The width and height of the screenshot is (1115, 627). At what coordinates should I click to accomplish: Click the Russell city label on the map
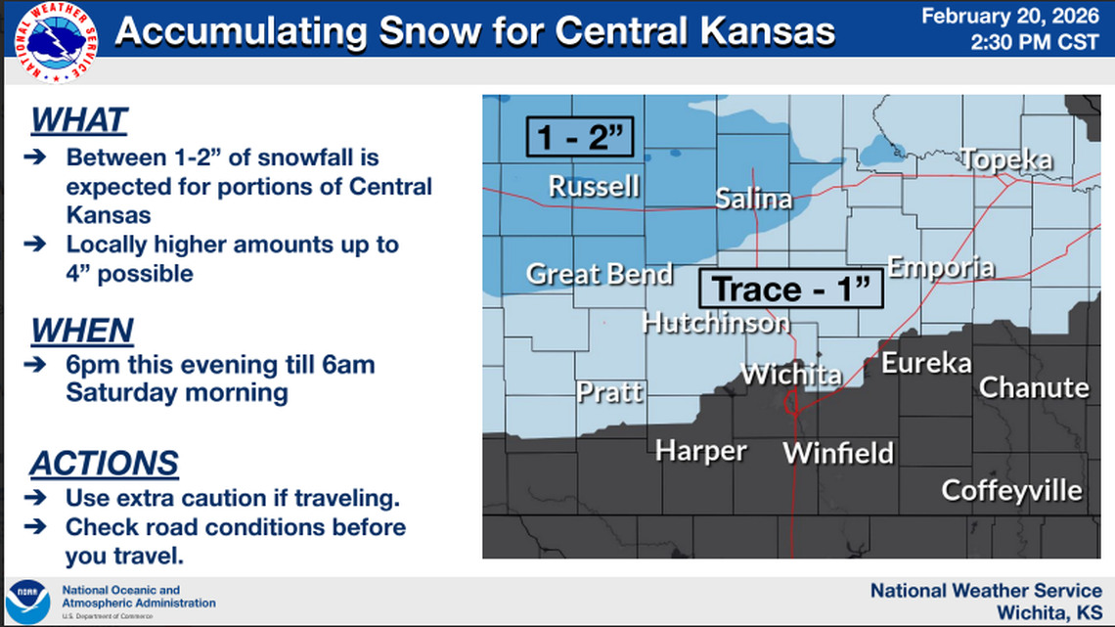(594, 186)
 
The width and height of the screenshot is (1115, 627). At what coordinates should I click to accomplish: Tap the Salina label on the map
(753, 199)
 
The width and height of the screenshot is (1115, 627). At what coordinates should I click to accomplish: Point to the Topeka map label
(1005, 160)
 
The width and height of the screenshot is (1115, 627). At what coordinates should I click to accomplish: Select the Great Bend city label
(600, 274)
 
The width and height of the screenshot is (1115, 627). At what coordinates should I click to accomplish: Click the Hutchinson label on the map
(715, 322)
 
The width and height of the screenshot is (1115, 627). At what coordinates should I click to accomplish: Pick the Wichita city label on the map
(790, 374)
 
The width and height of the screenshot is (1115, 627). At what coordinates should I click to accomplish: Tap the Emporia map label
(941, 267)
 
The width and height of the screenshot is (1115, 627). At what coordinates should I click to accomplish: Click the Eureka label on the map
(926, 363)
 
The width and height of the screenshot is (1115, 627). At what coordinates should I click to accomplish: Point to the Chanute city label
(1034, 387)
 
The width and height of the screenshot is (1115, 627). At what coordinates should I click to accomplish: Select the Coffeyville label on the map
(1011, 489)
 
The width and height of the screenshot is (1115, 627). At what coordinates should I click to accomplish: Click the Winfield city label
(838, 453)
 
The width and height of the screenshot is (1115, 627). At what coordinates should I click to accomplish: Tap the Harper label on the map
(700, 450)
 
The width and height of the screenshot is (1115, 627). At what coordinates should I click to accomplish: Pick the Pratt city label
(609, 392)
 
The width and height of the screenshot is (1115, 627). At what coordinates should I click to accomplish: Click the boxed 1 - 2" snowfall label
(580, 137)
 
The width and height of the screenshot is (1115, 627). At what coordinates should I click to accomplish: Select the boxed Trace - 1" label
(790, 290)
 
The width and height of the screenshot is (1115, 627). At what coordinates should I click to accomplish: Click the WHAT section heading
(79, 120)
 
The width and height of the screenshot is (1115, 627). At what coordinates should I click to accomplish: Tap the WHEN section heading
(81, 331)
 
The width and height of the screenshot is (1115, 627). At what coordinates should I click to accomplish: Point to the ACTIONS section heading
(104, 463)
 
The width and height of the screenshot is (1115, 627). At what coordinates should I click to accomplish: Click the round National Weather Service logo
(60, 42)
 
